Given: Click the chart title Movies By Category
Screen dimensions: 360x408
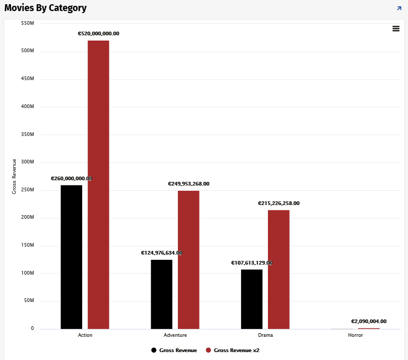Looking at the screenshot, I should click(x=46, y=8).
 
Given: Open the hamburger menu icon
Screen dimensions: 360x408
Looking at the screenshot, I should click(x=396, y=28).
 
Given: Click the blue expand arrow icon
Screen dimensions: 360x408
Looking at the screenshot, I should click(x=399, y=8).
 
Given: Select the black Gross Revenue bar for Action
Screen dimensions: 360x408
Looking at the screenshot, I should click(x=72, y=257).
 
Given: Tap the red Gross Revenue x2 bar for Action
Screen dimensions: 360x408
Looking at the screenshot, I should click(x=98, y=184).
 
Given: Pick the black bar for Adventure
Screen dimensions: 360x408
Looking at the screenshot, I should click(x=162, y=294).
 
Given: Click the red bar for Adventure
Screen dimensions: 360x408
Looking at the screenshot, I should click(x=188, y=260).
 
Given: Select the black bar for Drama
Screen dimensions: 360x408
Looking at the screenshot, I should click(x=252, y=299).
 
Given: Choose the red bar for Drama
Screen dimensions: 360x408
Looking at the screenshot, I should click(x=278, y=269).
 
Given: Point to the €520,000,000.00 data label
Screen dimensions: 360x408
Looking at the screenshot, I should click(x=98, y=34).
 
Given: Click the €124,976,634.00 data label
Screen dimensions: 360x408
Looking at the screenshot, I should click(x=162, y=253).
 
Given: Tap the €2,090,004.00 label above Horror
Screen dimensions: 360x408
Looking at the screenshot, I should click(x=369, y=322).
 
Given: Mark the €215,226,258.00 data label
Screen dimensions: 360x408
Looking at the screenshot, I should click(x=278, y=203).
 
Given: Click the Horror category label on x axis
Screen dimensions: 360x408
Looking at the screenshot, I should click(x=355, y=335).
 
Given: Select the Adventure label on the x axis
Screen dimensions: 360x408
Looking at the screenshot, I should click(x=175, y=335).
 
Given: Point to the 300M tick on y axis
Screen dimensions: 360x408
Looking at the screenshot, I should click(x=27, y=162).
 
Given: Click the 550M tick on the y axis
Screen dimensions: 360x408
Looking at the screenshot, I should click(x=27, y=23).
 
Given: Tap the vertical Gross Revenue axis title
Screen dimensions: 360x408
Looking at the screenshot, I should click(x=15, y=176).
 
